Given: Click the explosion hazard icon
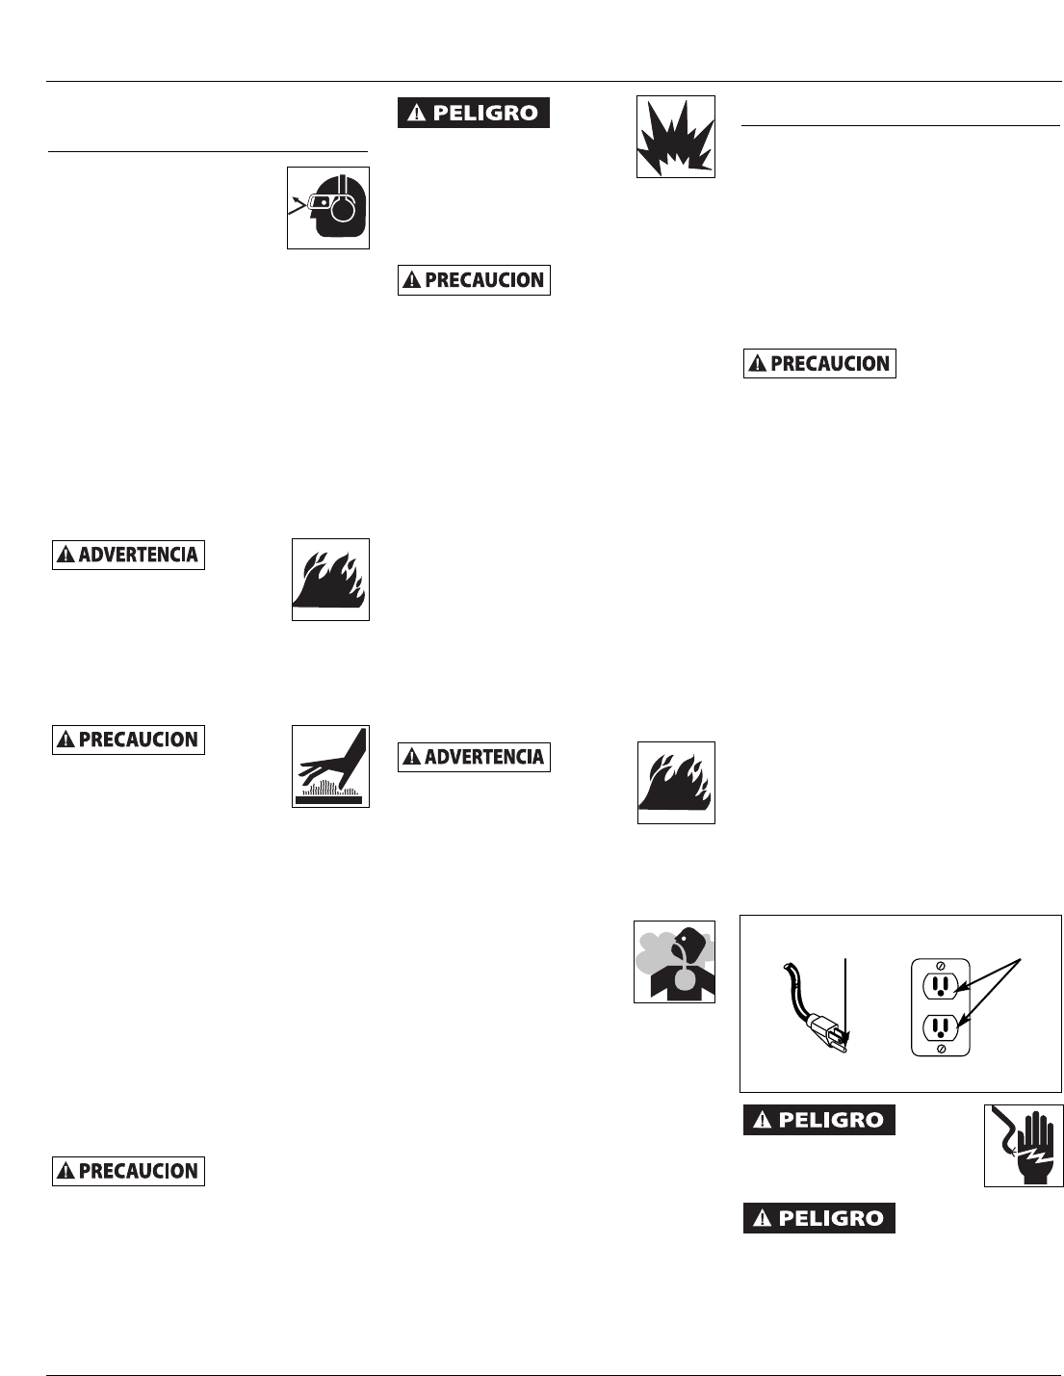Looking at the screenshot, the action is point(675,136).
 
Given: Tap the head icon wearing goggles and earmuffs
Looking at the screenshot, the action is point(328,208).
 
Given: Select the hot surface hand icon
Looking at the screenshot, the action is point(330,766).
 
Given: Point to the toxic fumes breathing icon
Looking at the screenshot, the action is point(674,961).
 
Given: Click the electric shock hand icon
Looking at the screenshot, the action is point(1024,1145).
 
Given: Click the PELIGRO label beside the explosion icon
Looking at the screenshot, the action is point(474,113).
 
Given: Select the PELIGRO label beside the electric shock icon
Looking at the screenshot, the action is point(818,1120).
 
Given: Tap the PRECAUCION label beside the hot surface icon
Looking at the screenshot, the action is point(128,740).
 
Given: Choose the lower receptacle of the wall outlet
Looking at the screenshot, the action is point(941,1026).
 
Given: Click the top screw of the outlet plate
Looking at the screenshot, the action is point(941,964).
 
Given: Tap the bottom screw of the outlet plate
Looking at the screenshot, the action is point(941,1048).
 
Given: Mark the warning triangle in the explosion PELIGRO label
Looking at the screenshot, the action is point(416,114).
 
